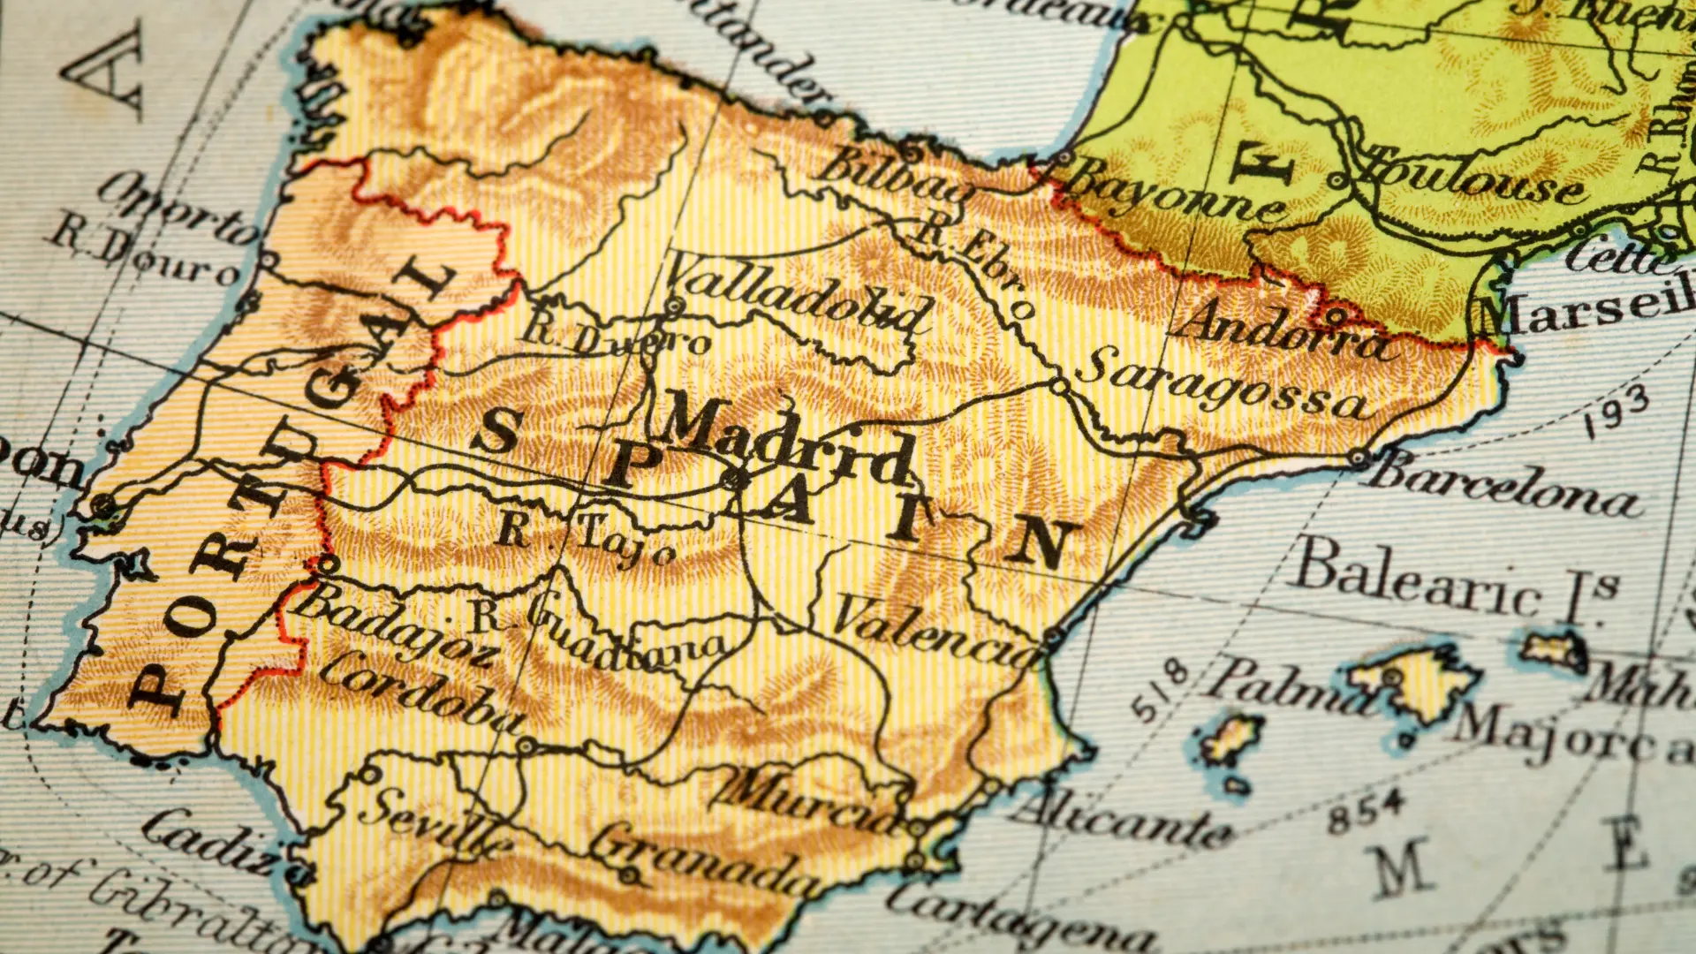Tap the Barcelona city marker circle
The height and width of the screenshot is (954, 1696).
coord(1359,458)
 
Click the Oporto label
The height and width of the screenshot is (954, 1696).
coord(178,207)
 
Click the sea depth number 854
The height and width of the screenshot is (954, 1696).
coord(1366,812)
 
